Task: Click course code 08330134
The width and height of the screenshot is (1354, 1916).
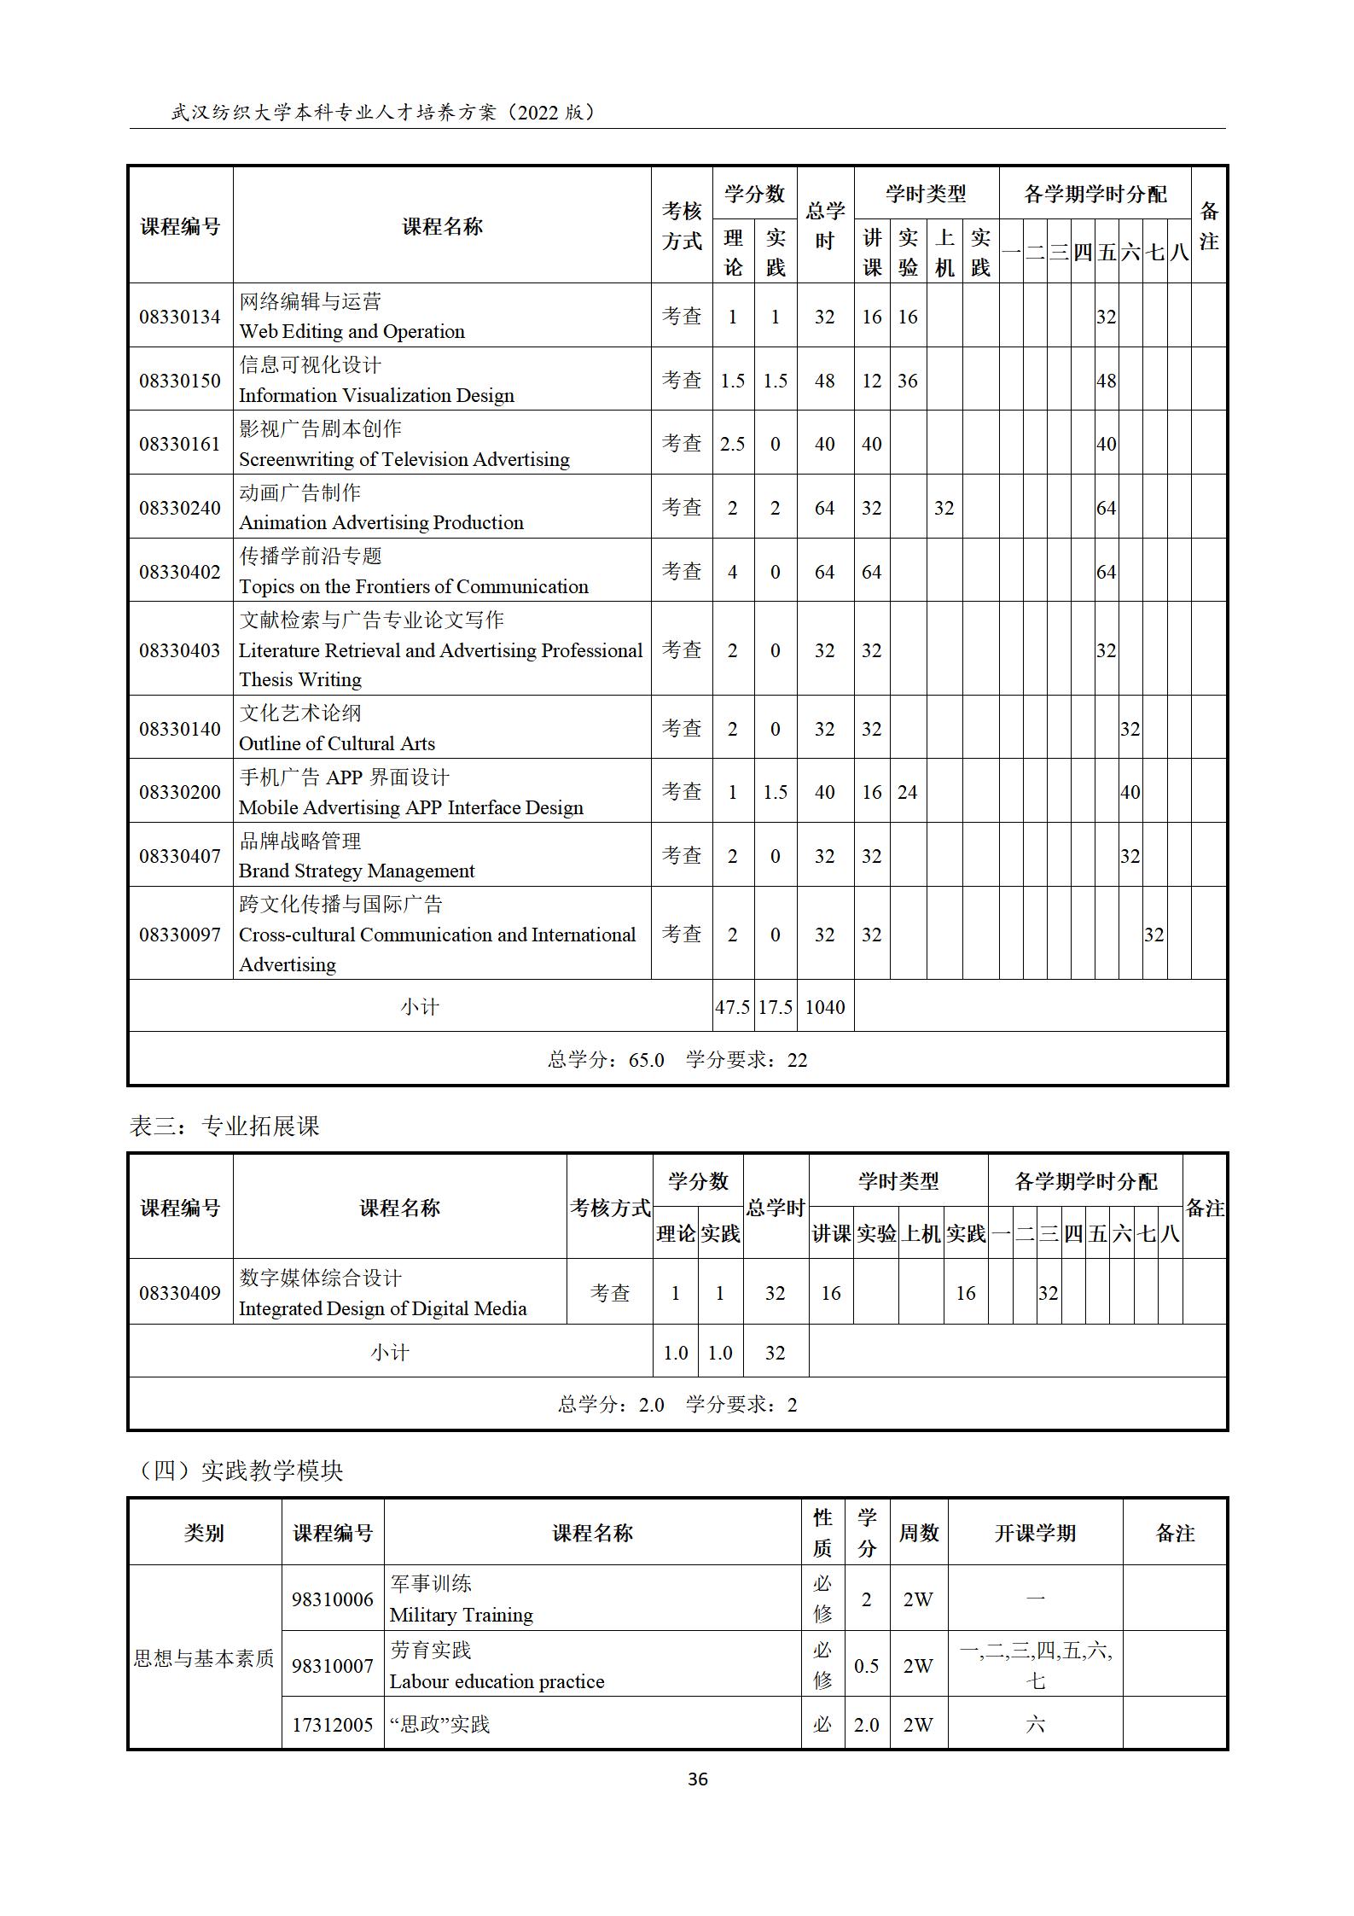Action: point(179,317)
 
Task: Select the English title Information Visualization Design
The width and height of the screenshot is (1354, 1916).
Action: point(376,395)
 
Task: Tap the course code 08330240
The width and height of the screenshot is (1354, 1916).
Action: point(179,508)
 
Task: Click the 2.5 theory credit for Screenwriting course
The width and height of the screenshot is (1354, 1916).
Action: point(732,444)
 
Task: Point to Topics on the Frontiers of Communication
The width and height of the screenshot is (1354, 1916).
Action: point(414,586)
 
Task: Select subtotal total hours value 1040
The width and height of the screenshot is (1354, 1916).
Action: point(824,1007)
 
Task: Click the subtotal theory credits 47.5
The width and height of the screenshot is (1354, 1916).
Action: point(732,1007)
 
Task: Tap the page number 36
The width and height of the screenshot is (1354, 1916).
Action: point(697,1779)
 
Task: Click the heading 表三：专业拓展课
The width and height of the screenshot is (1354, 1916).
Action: point(224,1127)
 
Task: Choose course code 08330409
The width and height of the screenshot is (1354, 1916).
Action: point(179,1293)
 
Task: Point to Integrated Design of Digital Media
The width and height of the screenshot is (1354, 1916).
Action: point(382,1308)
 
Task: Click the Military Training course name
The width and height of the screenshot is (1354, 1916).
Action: point(461,1615)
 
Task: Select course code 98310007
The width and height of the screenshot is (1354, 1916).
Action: point(332,1666)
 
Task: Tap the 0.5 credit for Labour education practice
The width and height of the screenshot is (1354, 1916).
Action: point(866,1666)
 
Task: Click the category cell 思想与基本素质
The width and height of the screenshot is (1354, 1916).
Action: point(204,1657)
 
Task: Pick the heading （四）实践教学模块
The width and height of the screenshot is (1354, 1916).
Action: point(241,1470)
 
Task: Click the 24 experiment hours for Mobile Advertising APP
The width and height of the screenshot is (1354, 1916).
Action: point(907,792)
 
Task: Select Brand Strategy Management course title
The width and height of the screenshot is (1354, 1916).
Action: point(357,871)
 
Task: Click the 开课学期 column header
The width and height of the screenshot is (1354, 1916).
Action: point(1034,1533)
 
